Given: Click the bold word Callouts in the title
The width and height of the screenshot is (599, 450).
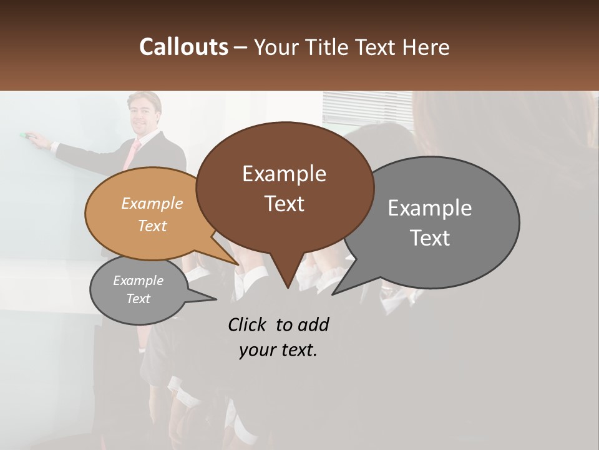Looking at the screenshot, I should click(x=183, y=47).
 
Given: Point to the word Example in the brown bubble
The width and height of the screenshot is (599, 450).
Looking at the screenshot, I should click(x=284, y=174).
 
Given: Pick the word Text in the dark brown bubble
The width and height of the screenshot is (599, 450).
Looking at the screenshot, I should click(x=284, y=204).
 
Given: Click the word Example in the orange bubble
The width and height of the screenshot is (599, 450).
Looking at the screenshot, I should click(x=152, y=204).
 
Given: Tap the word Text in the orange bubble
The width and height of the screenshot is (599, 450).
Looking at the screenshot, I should click(x=152, y=226).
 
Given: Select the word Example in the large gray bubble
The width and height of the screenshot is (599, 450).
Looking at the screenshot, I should click(x=430, y=208).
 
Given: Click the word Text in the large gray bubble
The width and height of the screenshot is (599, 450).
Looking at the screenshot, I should click(x=430, y=238).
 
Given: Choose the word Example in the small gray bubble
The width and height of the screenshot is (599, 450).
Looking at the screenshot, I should click(x=138, y=281).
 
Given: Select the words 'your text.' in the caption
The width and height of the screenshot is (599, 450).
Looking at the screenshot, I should click(x=278, y=350).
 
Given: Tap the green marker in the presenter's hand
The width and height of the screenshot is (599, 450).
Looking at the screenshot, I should click(x=25, y=134).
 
